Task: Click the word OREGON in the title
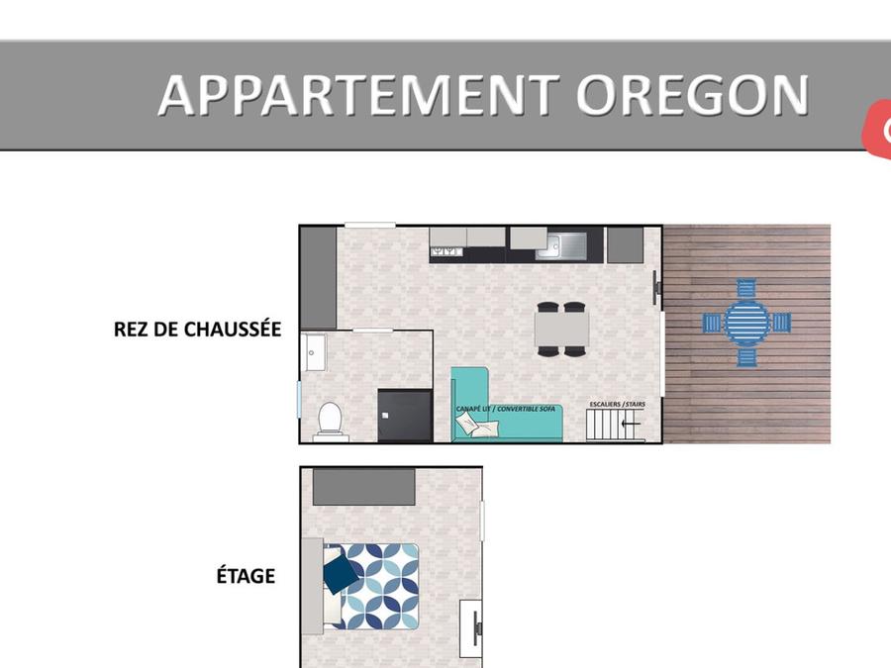(692, 94)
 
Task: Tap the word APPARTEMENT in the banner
(359, 95)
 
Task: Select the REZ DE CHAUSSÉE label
(197, 330)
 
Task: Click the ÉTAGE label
(246, 575)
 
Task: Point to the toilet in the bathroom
(330, 422)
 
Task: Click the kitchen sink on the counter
(561, 244)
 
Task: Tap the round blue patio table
(746, 323)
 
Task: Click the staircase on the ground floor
(616, 425)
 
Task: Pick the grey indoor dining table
(561, 329)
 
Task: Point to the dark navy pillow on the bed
(341, 574)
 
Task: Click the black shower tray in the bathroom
(405, 415)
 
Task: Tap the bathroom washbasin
(314, 352)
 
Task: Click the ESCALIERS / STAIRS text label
(617, 404)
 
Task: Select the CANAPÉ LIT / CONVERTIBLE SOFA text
(505, 409)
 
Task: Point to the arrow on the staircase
(632, 424)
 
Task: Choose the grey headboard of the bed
(312, 586)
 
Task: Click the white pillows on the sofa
(477, 425)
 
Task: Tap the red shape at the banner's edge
(877, 129)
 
